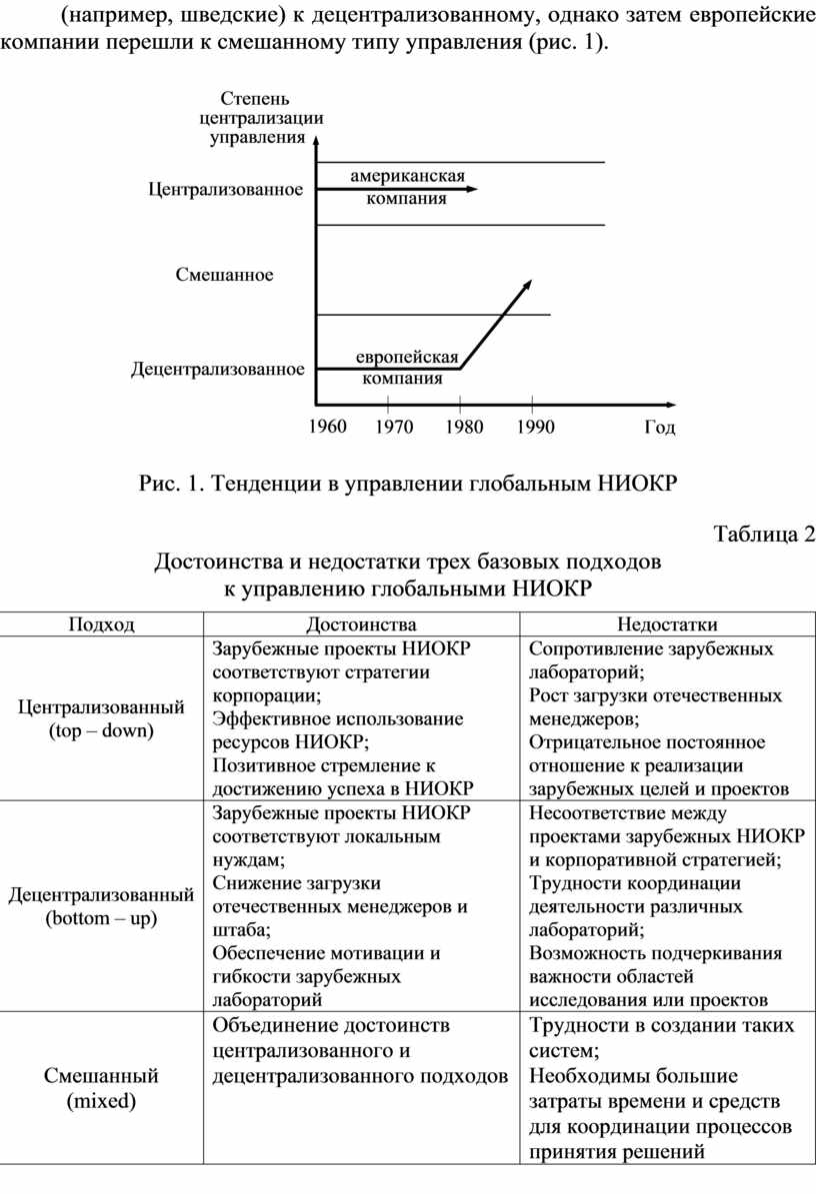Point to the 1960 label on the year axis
[x=326, y=428]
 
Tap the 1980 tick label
[x=463, y=428]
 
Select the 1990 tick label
[x=534, y=428]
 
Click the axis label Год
[x=658, y=429]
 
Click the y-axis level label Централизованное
[x=225, y=189]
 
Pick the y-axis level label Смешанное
[x=224, y=274]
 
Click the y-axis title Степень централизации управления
[x=256, y=118]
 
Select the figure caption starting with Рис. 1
[x=407, y=486]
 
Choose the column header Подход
[x=101, y=625]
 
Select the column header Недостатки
[x=667, y=625]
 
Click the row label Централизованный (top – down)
[x=101, y=718]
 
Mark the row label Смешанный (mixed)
[x=101, y=1089]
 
